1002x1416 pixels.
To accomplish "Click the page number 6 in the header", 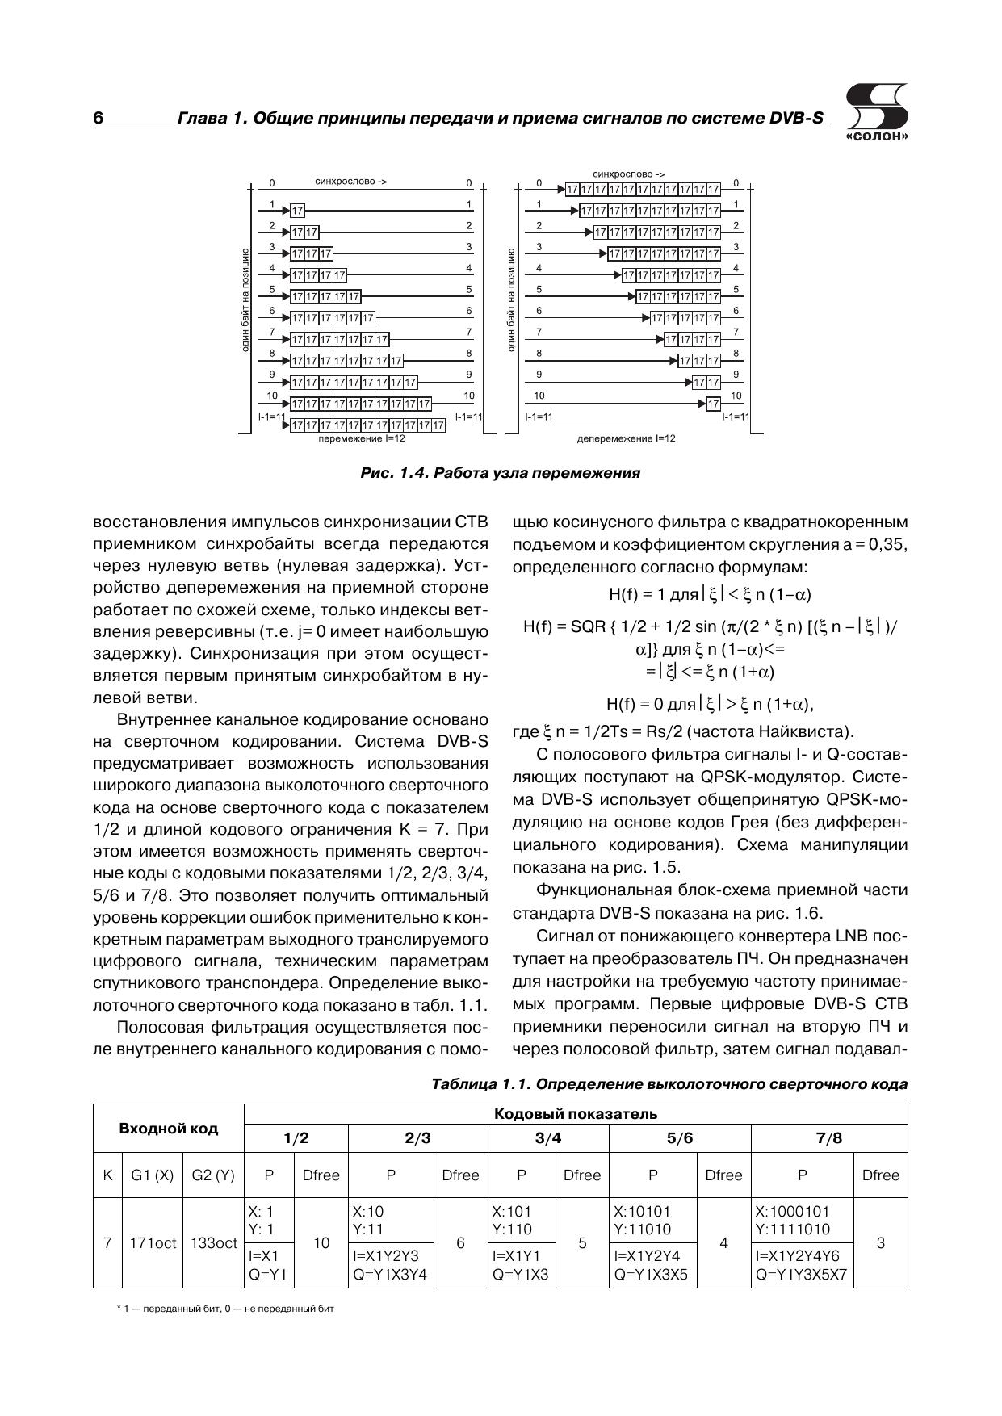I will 99,118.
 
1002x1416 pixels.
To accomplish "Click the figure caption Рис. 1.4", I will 500,473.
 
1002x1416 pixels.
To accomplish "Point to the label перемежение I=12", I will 361,438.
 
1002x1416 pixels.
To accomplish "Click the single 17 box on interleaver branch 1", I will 298,212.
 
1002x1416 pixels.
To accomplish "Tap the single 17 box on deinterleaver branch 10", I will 713,403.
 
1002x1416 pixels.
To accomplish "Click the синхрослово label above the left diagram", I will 350,182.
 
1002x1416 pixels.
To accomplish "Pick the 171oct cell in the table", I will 153,1243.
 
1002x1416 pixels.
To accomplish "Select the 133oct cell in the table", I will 213,1243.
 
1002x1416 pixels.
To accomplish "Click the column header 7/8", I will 829,1138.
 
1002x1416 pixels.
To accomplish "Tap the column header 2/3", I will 417,1138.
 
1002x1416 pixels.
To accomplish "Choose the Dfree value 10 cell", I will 321,1243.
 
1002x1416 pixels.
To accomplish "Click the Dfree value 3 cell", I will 880,1243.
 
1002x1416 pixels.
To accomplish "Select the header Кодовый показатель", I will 575,1115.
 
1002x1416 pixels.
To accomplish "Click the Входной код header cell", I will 168,1128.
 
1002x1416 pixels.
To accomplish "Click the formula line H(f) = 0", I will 710,704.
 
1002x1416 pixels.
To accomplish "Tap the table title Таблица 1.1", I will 669,1084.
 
